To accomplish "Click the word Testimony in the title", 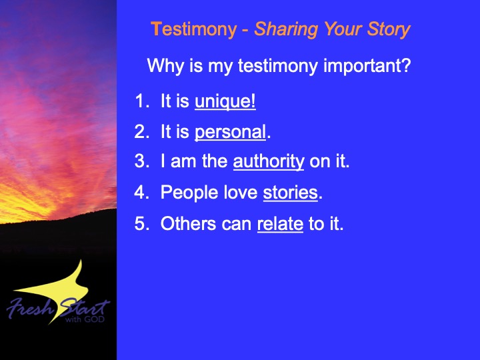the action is (194, 30).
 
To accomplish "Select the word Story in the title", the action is (389, 30).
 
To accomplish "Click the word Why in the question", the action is (165, 66).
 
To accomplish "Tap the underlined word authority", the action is (269, 161).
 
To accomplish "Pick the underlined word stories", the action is (290, 193).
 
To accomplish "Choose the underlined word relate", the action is (280, 224).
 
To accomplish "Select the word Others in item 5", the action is (188, 223).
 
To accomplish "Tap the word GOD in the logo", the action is (94, 319).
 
